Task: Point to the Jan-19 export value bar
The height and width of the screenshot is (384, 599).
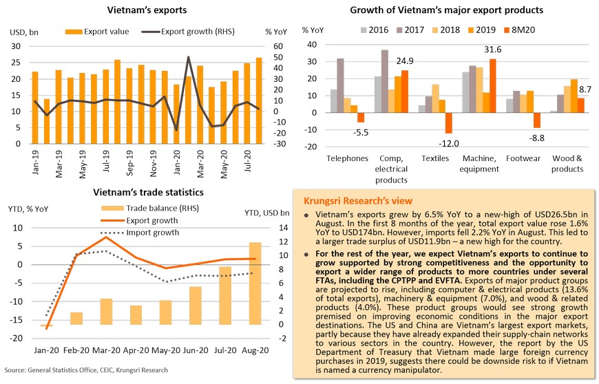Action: click(x=35, y=107)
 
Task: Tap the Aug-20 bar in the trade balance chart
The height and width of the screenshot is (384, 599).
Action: click(x=255, y=284)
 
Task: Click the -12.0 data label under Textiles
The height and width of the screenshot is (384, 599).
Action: click(x=449, y=142)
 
